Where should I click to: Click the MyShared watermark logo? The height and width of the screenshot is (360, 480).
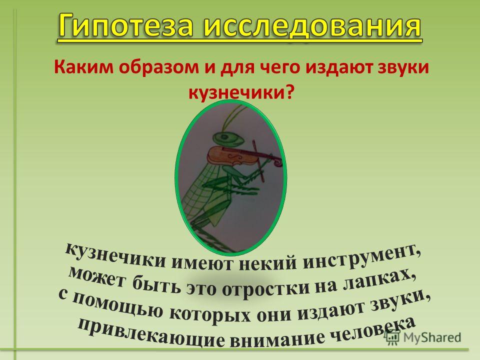pyautogui.click(x=423, y=336)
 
